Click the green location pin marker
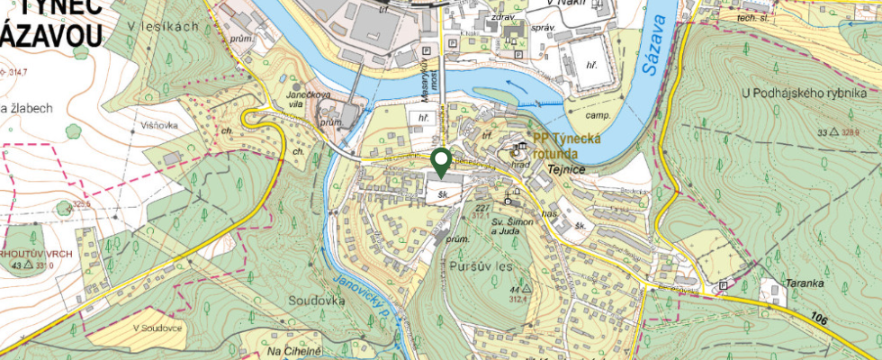point(441,162)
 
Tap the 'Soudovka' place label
point(317,300)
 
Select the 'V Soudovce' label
point(157,328)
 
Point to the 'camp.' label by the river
point(599,116)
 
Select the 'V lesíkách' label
point(163,26)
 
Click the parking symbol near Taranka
point(723,285)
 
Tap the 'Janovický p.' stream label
point(359,299)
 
